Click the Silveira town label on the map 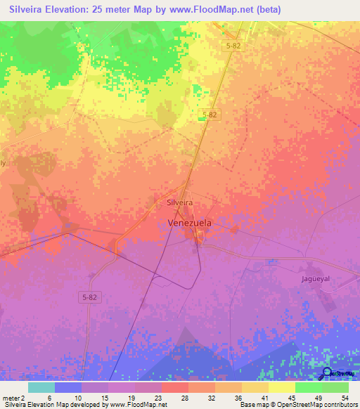point(179,202)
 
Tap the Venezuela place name point(190,223)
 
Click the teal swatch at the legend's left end point(41,387)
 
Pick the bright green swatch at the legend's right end point(335,387)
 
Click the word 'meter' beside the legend point(11,397)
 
